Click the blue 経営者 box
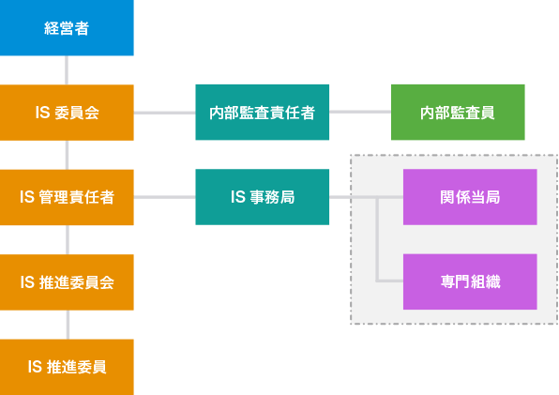[x=67, y=28]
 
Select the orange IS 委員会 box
[x=67, y=113]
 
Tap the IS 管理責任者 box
[x=67, y=197]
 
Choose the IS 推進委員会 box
[x=67, y=282]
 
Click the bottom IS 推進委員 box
[x=67, y=367]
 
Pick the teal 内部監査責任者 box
[x=262, y=113]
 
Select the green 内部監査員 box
[x=458, y=113]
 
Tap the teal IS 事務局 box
[x=262, y=197]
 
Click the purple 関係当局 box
[x=470, y=197]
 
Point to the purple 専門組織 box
[x=470, y=281]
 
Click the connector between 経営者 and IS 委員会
[x=67, y=70]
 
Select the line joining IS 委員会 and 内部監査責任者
[x=165, y=113]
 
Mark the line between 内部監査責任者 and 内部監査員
[x=360, y=112]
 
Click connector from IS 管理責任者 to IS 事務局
[x=165, y=197]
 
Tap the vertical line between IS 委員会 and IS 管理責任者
[x=67, y=155]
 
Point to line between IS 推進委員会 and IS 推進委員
[x=68, y=325]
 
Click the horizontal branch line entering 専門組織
[x=389, y=281]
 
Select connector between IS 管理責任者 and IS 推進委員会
[x=68, y=240]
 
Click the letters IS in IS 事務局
[x=238, y=197]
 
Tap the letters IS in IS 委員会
[x=42, y=113]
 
